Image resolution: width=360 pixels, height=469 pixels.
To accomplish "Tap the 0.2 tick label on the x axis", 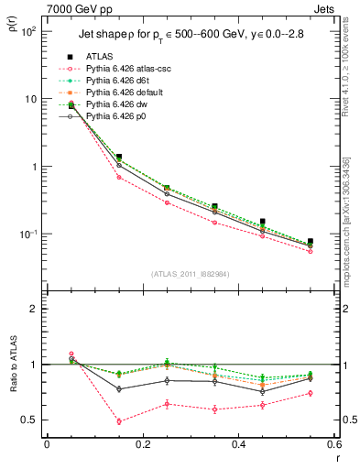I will tap(142, 446).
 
